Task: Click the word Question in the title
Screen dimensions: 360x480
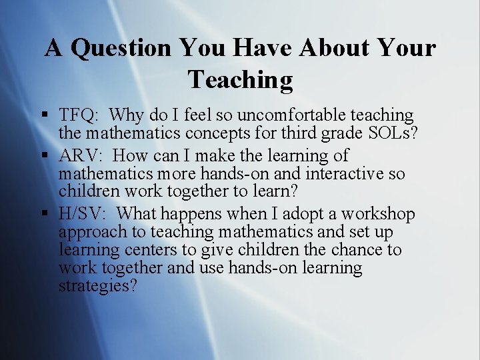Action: coord(121,48)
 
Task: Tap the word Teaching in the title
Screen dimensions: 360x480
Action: coord(240,79)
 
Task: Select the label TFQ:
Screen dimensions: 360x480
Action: coord(80,115)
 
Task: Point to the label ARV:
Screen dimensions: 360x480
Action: coord(81,156)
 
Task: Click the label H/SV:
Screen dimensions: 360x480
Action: coord(84,214)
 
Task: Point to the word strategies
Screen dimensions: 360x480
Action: coord(96,286)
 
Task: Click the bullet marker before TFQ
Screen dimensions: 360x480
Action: coord(43,116)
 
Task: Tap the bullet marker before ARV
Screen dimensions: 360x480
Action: coord(43,157)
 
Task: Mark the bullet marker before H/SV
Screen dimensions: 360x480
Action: coord(43,215)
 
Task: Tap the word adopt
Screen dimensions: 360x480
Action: coord(281,214)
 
